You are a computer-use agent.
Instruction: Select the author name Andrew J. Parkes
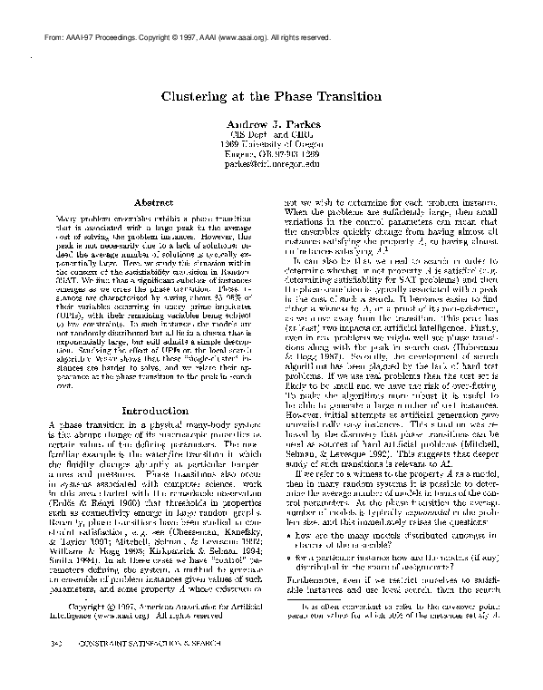click(x=272, y=123)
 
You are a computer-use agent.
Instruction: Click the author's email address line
click(x=272, y=164)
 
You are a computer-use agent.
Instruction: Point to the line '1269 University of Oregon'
click(x=272, y=144)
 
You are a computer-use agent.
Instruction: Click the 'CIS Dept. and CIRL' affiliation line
click(x=272, y=134)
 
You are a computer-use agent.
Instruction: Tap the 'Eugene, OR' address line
click(x=272, y=154)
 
